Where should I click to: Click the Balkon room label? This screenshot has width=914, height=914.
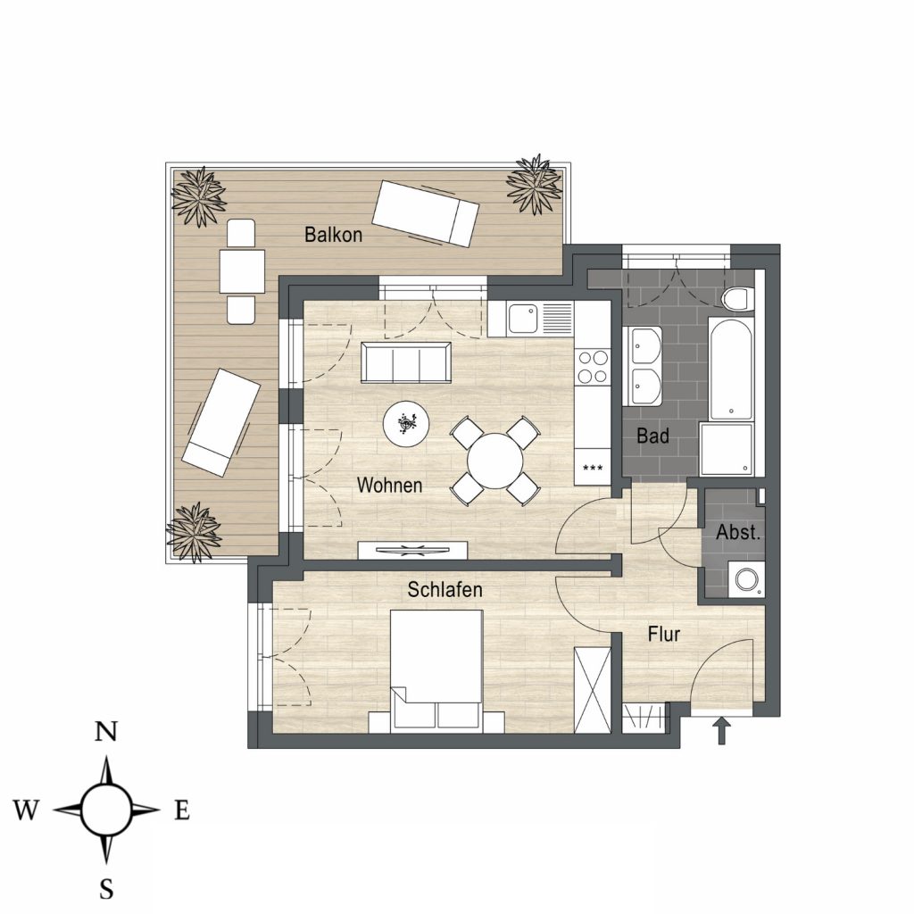[334, 235]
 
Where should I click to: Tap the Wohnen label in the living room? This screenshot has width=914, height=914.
[389, 485]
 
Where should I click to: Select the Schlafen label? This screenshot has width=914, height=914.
[445, 590]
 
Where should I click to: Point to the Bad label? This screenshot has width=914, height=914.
[652, 436]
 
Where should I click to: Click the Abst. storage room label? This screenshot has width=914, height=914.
[738, 532]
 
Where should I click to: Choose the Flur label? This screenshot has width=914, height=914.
[664, 635]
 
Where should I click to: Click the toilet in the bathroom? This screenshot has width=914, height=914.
[736, 298]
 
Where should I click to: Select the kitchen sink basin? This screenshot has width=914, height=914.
[522, 319]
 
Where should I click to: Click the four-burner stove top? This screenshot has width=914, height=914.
[593, 367]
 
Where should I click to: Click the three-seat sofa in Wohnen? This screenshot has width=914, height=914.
[406, 362]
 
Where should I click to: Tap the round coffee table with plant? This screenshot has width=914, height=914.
[406, 424]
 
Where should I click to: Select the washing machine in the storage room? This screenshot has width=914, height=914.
[746, 579]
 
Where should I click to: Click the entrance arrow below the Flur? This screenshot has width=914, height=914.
[721, 731]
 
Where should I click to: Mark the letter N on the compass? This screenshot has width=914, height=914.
[106, 732]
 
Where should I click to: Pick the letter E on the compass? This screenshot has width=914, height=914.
[182, 810]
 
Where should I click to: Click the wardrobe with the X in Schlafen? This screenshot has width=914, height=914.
[593, 690]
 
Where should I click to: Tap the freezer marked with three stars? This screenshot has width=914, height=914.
[593, 467]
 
